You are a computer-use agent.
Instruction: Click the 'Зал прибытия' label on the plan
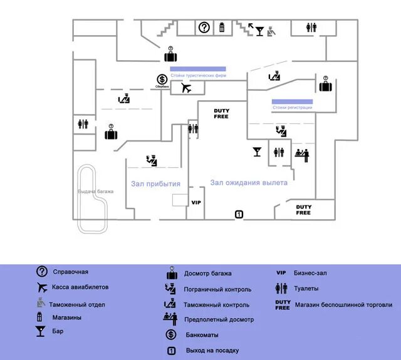[155, 184]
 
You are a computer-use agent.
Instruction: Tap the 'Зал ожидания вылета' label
[249, 183]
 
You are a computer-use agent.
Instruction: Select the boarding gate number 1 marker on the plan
[239, 215]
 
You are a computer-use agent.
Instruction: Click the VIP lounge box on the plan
[196, 203]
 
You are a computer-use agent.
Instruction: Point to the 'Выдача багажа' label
[95, 191]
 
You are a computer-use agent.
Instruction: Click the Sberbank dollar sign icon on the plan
[162, 80]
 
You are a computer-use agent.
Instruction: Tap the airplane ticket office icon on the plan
[185, 88]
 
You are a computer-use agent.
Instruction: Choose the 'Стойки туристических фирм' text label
[198, 75]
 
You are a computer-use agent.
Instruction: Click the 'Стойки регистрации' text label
[292, 108]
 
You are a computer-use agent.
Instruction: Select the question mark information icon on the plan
[204, 27]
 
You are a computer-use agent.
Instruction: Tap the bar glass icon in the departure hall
[257, 152]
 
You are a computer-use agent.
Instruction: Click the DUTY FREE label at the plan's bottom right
[303, 210]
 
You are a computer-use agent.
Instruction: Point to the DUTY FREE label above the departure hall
[221, 113]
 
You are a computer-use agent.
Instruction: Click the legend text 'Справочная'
[71, 272]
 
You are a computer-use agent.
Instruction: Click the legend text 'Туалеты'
[306, 289]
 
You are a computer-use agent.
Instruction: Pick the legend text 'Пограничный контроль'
[217, 289]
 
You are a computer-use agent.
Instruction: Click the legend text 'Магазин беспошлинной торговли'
[343, 305]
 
